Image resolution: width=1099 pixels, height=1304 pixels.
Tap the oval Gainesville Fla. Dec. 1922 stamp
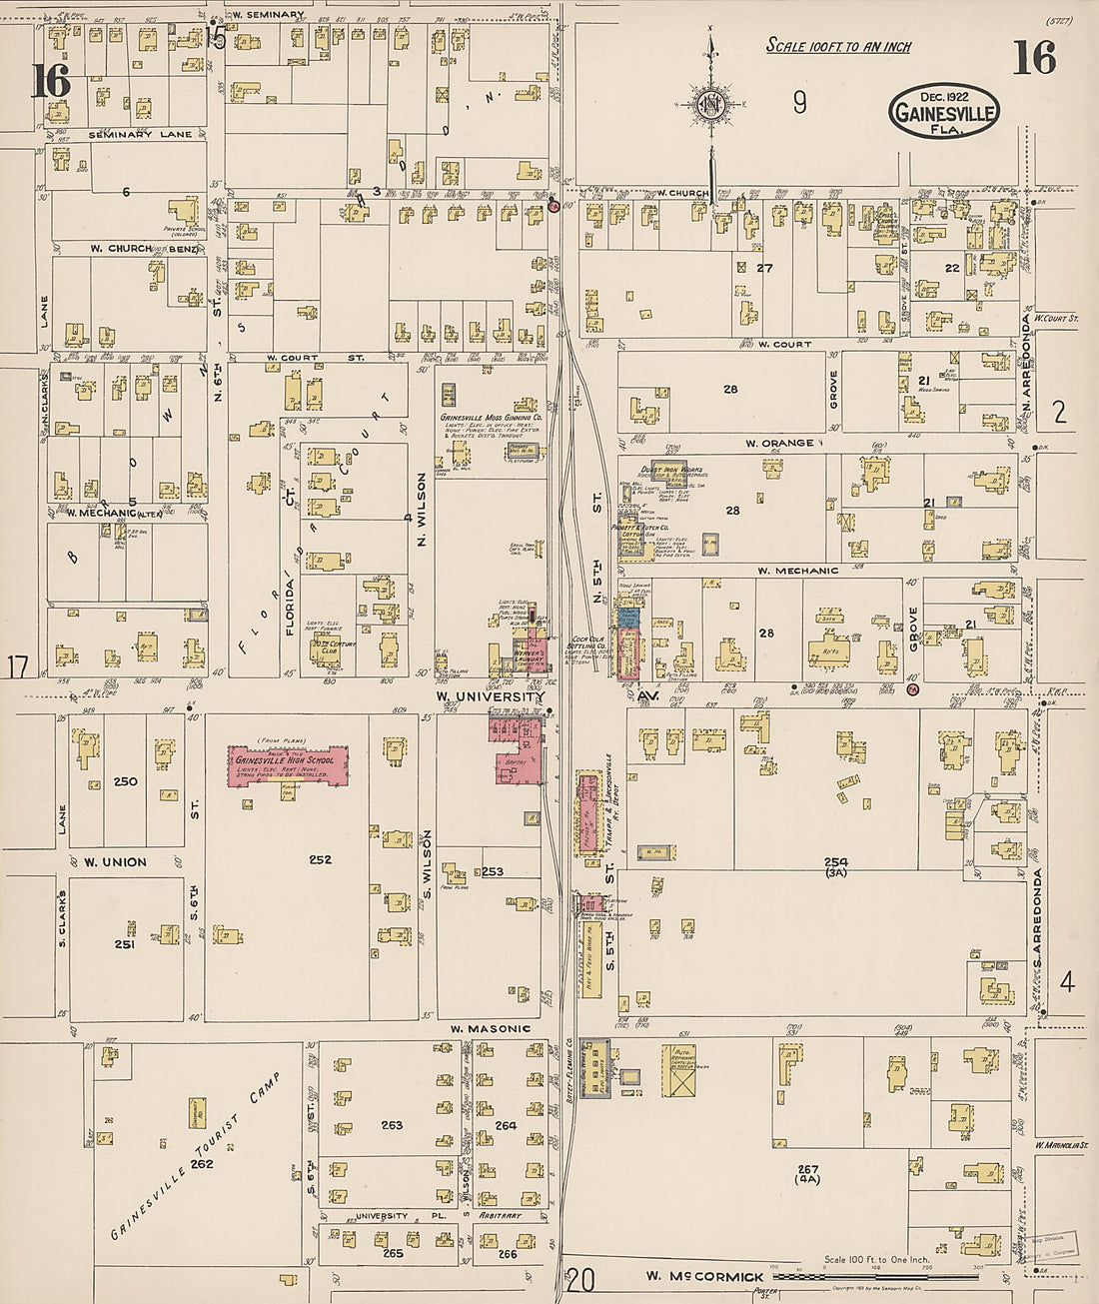[x=943, y=111]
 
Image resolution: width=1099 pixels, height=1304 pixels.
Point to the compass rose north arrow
[x=710, y=105]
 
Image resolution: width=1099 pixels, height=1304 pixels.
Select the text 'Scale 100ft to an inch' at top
[x=838, y=46]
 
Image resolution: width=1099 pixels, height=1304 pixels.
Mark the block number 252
[x=320, y=859]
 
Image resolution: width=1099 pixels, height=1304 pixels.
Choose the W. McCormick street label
[x=703, y=1276]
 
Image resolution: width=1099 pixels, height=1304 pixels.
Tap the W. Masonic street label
[x=490, y=1028]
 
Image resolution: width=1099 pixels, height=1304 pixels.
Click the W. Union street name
[x=114, y=861]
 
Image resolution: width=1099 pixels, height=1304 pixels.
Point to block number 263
[x=392, y=1125]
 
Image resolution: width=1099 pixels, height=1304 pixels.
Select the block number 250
[x=125, y=781]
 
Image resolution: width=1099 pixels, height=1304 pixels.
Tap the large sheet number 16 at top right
[x=1034, y=58]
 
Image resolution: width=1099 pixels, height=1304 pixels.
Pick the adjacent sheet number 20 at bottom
[x=580, y=1278]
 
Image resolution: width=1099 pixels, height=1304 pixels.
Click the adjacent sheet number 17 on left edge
[x=17, y=666]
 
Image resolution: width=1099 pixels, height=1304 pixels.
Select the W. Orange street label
[x=778, y=443]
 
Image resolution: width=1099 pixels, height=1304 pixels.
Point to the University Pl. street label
[x=382, y=1216]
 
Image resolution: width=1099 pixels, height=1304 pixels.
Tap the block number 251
[x=125, y=943]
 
